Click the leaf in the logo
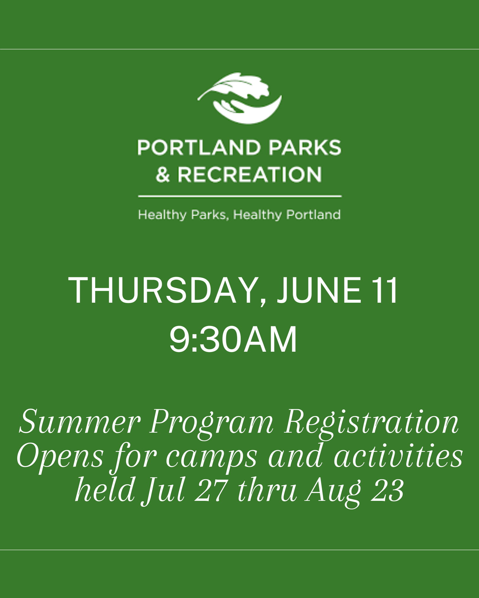237,87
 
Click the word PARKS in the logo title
305,148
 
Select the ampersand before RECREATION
163,175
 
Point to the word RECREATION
250,175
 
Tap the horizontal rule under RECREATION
239,196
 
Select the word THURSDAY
164,291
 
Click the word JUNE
319,291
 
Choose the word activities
398,456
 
